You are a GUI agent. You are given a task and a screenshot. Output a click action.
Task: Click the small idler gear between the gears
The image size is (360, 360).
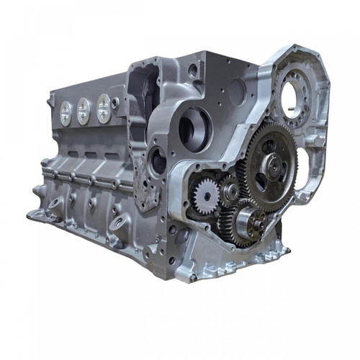pos(230,190)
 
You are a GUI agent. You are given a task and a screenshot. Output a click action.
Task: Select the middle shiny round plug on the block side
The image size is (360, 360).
pos(84,109)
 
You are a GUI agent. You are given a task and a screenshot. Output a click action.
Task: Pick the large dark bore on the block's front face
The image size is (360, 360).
pos(195,128)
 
